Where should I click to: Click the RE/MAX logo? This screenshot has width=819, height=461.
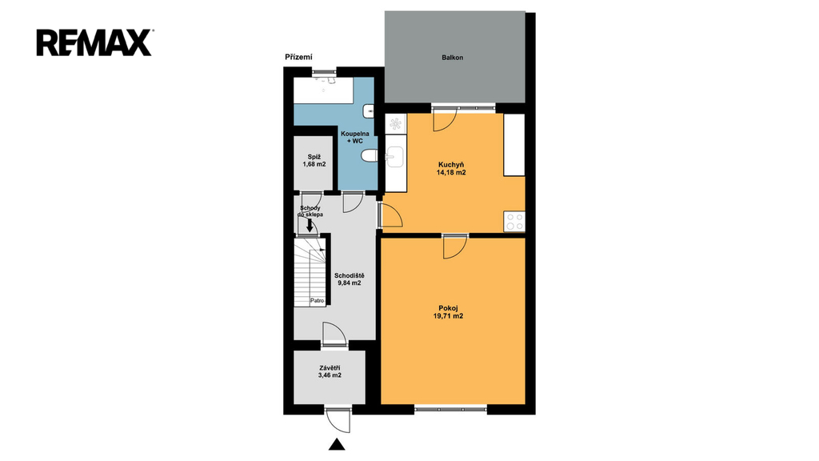[x=94, y=43]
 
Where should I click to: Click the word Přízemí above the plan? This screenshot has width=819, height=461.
[x=298, y=57]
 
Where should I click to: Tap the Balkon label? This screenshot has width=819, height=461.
[x=453, y=58]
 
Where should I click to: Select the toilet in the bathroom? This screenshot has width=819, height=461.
[x=369, y=156]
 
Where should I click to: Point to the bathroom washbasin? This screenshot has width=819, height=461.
[x=369, y=110]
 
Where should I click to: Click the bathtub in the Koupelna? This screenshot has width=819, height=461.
[x=323, y=90]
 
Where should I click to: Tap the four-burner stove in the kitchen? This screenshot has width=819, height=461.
[x=514, y=222]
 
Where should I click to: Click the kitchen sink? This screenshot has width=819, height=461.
[x=394, y=157]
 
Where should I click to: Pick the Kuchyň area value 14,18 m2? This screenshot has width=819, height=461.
[x=451, y=173]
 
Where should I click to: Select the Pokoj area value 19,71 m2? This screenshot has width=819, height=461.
[x=448, y=316]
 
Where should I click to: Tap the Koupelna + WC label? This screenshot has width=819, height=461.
[x=355, y=138]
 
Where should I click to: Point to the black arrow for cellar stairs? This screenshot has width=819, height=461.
[x=310, y=225]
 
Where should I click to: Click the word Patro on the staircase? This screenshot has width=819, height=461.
[x=317, y=301]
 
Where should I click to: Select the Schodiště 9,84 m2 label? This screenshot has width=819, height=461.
[x=350, y=279]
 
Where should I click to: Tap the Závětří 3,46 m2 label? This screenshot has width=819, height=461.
[x=330, y=371]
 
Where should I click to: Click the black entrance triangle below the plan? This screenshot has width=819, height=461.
[x=337, y=444]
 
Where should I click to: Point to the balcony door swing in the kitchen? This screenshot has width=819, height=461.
[x=445, y=121]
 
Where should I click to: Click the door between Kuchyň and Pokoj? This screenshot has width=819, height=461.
[x=455, y=247]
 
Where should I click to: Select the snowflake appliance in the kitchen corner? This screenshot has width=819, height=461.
[x=396, y=124]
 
